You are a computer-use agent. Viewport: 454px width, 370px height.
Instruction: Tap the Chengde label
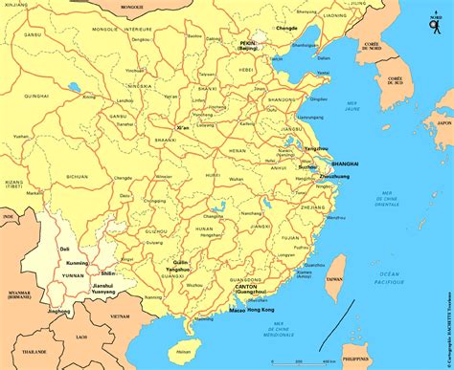click(x=286, y=28)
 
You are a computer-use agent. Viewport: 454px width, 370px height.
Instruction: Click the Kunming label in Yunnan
click(x=78, y=262)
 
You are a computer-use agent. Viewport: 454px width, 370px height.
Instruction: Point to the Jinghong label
click(x=59, y=311)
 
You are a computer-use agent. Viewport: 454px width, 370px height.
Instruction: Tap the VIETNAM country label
click(x=120, y=316)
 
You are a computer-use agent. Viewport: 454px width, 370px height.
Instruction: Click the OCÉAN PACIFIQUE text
click(x=394, y=277)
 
